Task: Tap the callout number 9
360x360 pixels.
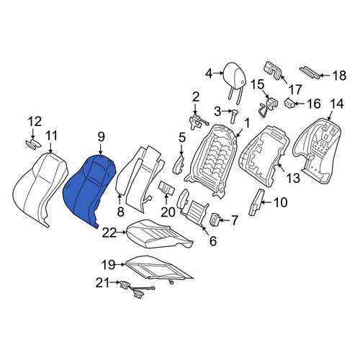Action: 101,137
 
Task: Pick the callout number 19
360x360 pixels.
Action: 108,265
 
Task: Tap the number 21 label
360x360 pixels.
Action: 103,282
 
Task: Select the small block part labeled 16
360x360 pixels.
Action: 290,103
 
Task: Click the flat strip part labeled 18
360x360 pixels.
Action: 310,72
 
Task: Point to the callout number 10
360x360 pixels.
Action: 280,202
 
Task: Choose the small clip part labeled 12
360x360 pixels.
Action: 33,144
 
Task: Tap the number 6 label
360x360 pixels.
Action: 213,240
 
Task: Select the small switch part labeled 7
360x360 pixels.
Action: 215,220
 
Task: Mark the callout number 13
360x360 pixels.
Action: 293,178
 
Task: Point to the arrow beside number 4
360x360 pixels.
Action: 218,73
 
